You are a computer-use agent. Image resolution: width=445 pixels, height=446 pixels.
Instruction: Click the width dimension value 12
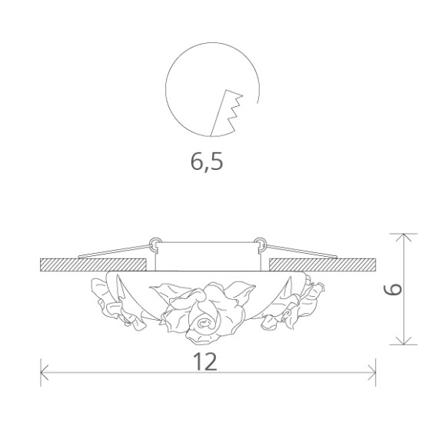[x=206, y=361]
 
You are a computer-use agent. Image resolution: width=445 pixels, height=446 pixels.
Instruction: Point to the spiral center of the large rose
[x=206, y=325]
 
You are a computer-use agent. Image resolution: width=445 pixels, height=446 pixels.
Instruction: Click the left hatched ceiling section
[x=93, y=263]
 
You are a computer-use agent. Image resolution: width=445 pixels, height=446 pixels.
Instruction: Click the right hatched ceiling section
[x=322, y=263]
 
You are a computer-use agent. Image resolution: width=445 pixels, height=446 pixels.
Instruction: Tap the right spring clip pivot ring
[x=261, y=244]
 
